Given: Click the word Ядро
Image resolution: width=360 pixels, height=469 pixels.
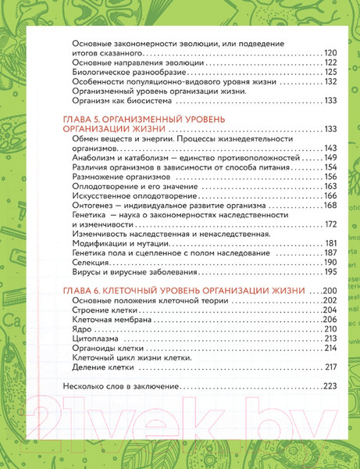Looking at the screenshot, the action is pos(82,329).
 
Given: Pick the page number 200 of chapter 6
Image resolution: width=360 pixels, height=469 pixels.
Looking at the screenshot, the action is pos(330,291).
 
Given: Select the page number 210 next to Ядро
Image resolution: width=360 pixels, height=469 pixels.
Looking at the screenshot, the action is pos(330,329).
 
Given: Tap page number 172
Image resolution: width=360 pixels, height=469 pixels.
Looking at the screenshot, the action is pos(330,224).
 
